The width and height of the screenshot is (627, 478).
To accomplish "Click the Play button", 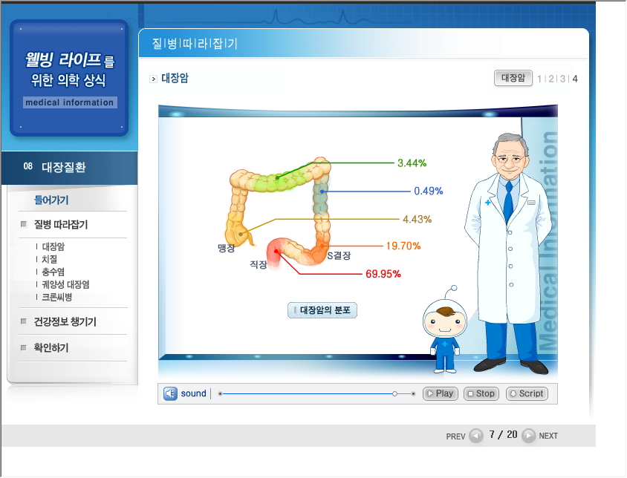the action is (441, 393).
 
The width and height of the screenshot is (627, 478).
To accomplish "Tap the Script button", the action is (527, 393).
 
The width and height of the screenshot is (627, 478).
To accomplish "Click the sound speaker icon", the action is (170, 393).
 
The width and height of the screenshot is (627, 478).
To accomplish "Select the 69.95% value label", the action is (383, 274).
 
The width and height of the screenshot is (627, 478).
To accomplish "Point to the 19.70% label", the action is (403, 246).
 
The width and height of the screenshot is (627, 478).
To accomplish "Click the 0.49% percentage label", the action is (428, 191).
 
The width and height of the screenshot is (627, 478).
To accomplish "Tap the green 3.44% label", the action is (412, 163).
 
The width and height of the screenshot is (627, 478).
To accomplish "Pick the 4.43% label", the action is (417, 220).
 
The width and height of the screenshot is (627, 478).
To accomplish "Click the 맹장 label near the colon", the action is (226, 248).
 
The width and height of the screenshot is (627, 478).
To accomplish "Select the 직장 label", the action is (259, 264).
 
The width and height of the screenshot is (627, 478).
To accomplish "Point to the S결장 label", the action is (339, 256).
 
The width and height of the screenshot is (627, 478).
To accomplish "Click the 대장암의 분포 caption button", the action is (322, 310).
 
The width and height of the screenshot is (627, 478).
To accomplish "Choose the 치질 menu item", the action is (50, 259).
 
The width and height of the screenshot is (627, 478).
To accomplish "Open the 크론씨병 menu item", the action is (56, 298).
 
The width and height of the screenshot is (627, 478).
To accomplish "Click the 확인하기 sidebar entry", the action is (51, 347).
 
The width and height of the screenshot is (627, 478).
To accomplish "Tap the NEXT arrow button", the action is (529, 435).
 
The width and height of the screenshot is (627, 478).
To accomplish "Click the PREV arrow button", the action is (476, 436).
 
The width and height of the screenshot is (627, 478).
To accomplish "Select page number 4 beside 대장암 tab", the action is (575, 79).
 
